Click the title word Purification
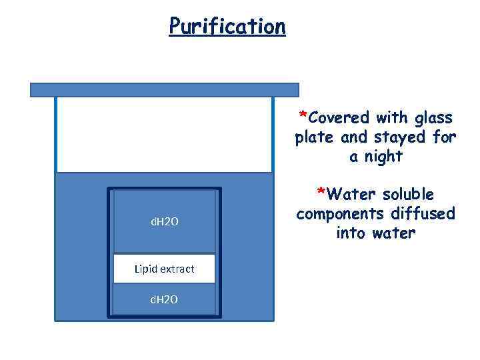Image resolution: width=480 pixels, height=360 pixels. tap(227, 26)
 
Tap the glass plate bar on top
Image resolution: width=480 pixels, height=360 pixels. tap(165, 89)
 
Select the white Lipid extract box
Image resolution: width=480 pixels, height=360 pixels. tap(164, 269)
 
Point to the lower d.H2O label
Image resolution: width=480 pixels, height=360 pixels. tap(164, 300)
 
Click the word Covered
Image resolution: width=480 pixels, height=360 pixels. tap(339, 118)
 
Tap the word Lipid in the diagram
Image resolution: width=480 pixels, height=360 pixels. tap(145, 269)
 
